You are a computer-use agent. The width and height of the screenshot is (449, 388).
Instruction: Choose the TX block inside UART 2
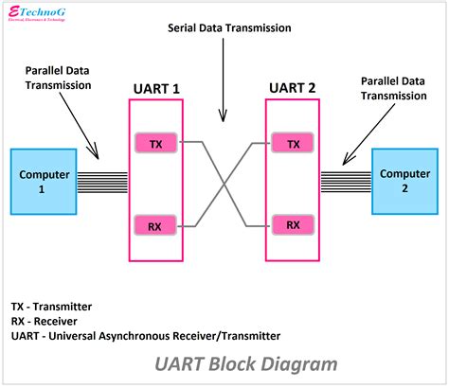(294, 143)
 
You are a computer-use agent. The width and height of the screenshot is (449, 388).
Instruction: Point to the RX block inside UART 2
(294, 225)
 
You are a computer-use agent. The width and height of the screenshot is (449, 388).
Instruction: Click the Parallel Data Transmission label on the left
(59, 77)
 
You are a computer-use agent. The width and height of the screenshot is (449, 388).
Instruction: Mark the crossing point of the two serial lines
(223, 185)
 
